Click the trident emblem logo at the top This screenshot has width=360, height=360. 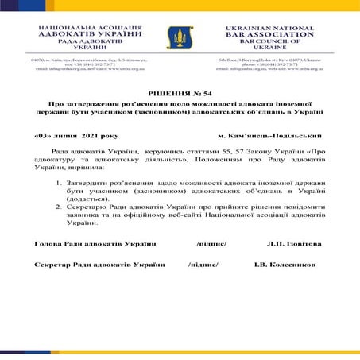pyautogui.click(x=179, y=37)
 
